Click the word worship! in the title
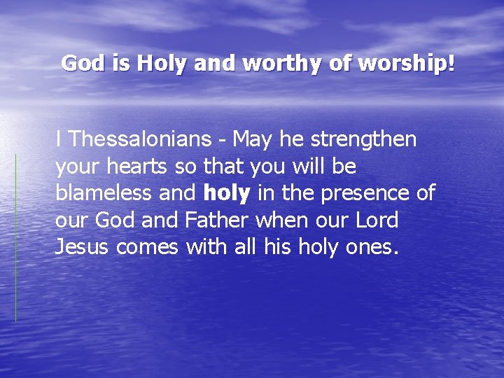(x=407, y=64)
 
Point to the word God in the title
(x=80, y=64)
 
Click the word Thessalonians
(x=139, y=139)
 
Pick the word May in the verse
(x=253, y=139)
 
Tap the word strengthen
(x=363, y=139)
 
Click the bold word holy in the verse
(x=227, y=193)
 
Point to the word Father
(x=217, y=220)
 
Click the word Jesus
(x=82, y=247)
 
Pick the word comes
(x=147, y=247)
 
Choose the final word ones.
(x=374, y=247)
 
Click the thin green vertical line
(x=16, y=238)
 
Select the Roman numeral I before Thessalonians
(x=58, y=139)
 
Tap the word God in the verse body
(x=115, y=220)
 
